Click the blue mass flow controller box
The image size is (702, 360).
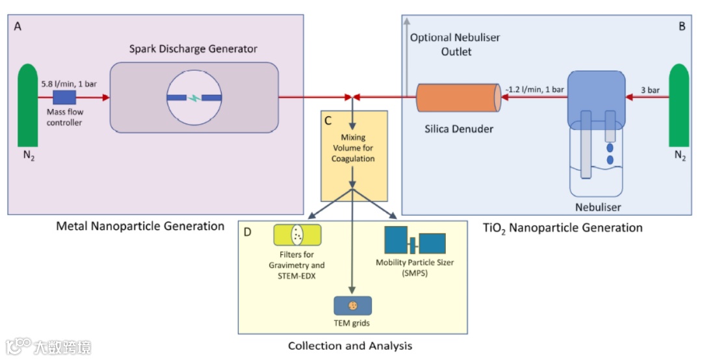click(64, 97)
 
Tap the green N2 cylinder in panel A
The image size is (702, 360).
click(28, 105)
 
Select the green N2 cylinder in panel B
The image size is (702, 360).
click(679, 105)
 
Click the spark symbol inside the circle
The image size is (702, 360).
click(194, 97)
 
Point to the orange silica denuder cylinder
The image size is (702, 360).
click(459, 97)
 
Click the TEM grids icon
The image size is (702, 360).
click(353, 306)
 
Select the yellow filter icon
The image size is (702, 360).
click(297, 235)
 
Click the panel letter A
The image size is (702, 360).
click(18, 27)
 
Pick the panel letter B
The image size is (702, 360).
click(682, 27)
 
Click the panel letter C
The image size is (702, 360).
click(328, 121)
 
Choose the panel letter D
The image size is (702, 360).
click(247, 232)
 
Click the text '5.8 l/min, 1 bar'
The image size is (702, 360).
click(69, 84)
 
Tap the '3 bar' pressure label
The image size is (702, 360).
click(650, 90)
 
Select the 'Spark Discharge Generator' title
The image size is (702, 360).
click(194, 49)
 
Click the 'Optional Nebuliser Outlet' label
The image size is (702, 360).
click(455, 45)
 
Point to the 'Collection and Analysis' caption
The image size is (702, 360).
click(350, 346)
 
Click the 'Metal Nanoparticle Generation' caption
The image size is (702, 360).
click(140, 226)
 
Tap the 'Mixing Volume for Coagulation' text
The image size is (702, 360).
click(353, 148)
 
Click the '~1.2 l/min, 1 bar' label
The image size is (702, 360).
click(534, 90)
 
